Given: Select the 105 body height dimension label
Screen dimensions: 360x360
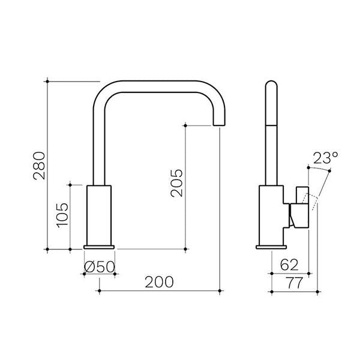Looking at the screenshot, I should click(61, 215).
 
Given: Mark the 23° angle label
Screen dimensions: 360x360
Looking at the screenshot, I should click(325, 159).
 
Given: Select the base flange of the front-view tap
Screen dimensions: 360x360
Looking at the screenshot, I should click(99, 246).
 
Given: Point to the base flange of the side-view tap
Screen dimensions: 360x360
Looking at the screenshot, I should click(271, 246).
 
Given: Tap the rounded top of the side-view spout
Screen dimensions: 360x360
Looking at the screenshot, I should click(271, 84).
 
